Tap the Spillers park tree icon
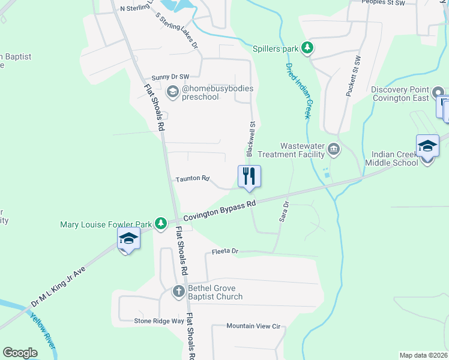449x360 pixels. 307,47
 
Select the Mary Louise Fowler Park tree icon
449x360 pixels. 160,224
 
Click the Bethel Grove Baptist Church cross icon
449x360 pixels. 178,292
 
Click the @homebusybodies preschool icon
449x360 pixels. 173,92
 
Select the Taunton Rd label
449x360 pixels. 192,179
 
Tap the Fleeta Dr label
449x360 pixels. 225,251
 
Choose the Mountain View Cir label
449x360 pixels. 253,326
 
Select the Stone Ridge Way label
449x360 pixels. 158,321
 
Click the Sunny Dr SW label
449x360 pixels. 170,77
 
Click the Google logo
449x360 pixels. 20,352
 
